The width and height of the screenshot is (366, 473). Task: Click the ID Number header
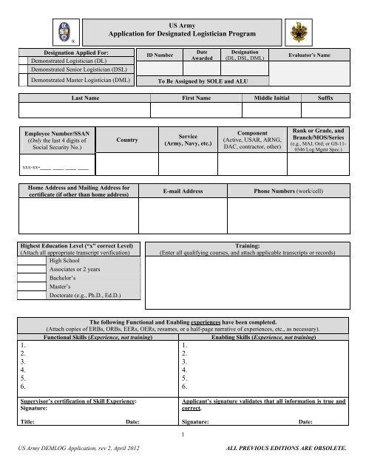click(x=160, y=55)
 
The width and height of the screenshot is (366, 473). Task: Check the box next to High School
click(x=33, y=261)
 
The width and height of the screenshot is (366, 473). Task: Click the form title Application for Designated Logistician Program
click(x=182, y=35)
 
